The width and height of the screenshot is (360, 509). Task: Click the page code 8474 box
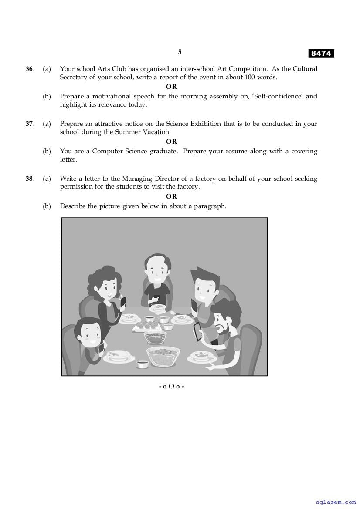[321, 54]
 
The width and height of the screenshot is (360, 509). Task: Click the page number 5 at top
[180, 52]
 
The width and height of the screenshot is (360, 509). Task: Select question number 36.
[30, 69]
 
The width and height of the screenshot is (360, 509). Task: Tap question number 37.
[30, 124]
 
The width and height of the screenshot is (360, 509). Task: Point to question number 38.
[30, 179]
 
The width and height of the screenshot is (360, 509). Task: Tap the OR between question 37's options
[171, 142]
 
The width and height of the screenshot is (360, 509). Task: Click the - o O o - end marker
[171, 386]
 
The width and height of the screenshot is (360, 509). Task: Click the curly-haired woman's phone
[123, 301]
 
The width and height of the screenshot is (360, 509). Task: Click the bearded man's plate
[202, 357]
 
